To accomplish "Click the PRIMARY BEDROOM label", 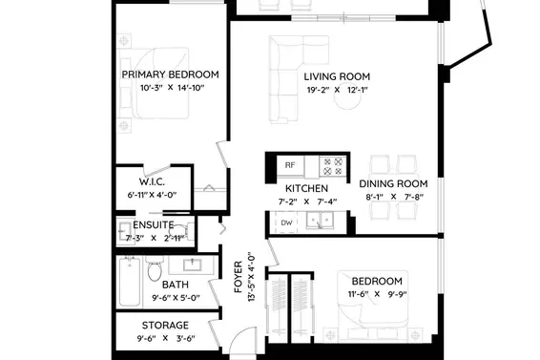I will (x=171, y=74).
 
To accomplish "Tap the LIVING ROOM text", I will (x=337, y=77).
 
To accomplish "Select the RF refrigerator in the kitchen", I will (x=290, y=165).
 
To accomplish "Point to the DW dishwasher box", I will (x=286, y=222).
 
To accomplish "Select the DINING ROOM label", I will (x=393, y=183).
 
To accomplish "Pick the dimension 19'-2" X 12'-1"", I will (x=337, y=91).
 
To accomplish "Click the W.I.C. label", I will (x=153, y=180).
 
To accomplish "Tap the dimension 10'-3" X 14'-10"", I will (x=171, y=88).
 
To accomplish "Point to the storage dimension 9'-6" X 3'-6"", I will (x=165, y=339).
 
